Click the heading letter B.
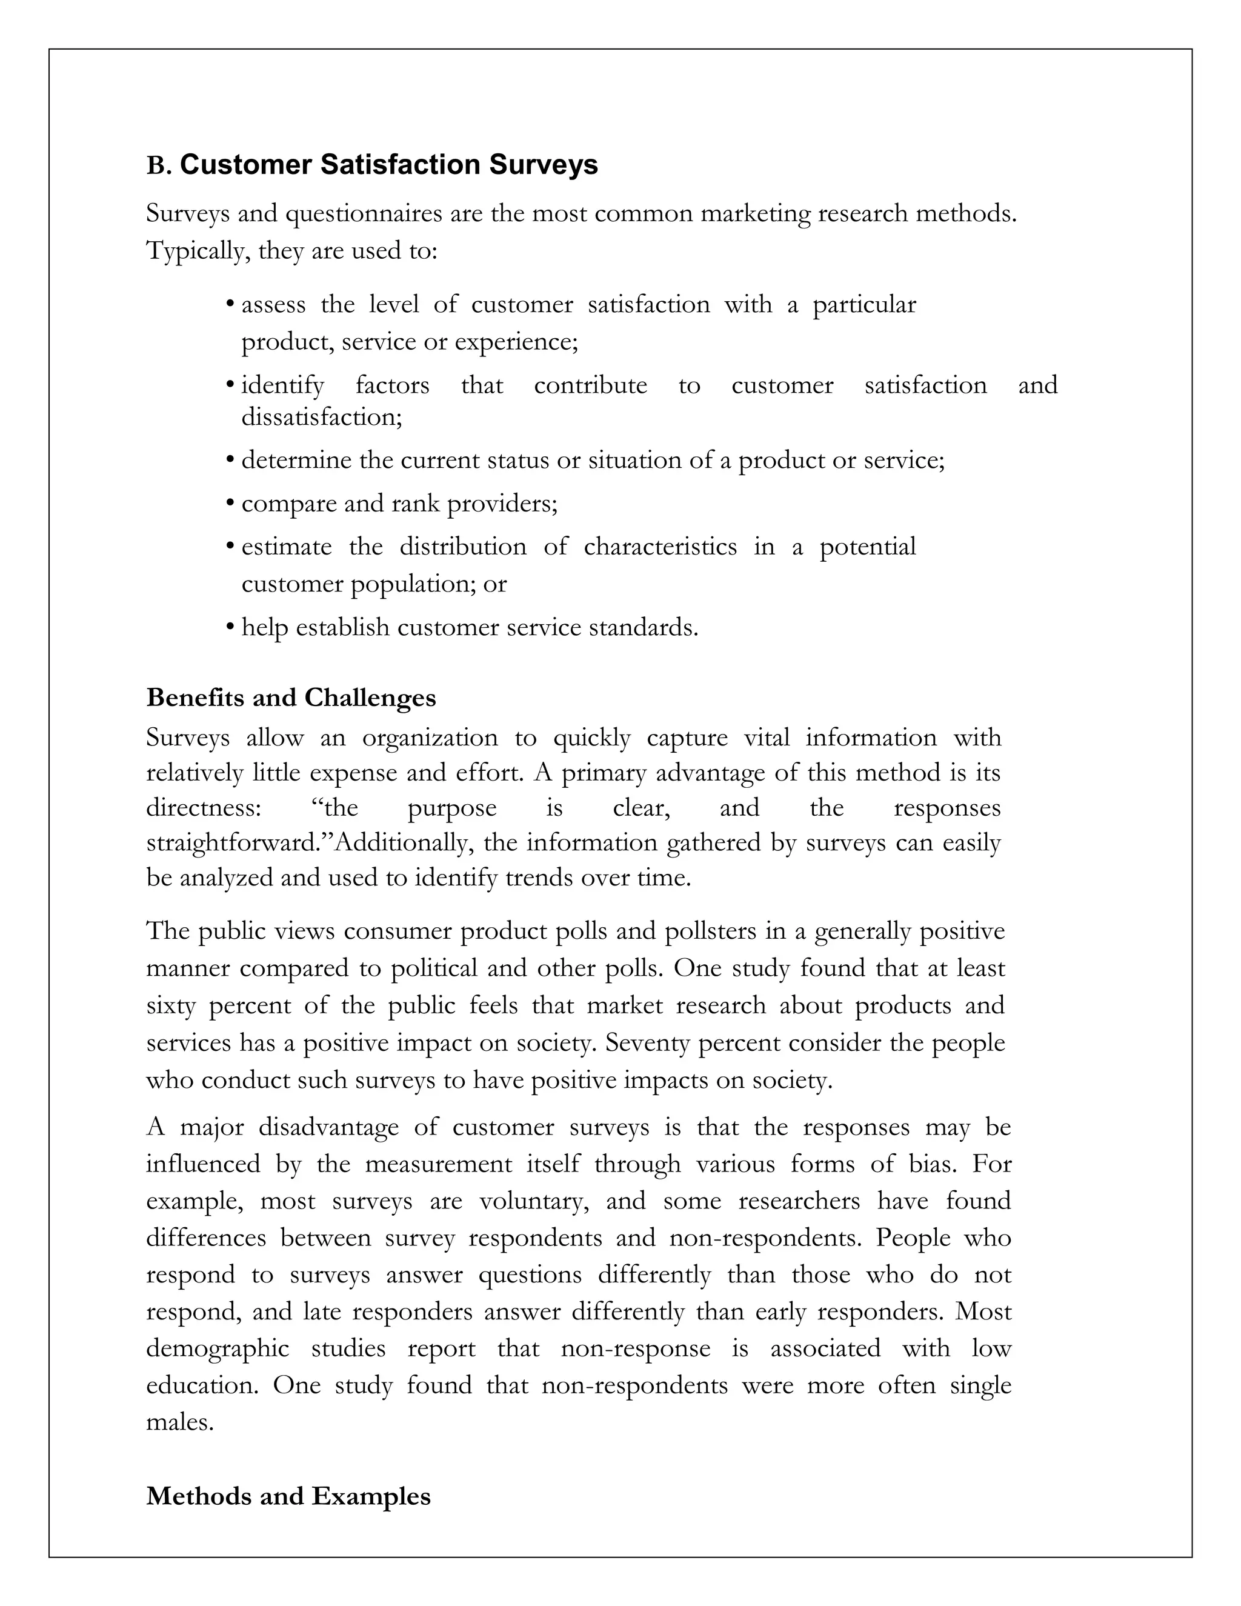pyautogui.click(x=158, y=166)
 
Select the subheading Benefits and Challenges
pyautogui.click(x=291, y=697)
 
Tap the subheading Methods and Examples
pyautogui.click(x=288, y=1496)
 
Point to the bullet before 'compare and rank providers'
pyautogui.click(x=230, y=504)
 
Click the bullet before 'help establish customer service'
pyautogui.click(x=230, y=628)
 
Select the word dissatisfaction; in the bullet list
pyautogui.click(x=322, y=418)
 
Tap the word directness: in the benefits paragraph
pyautogui.click(x=204, y=807)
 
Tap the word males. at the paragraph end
pyautogui.click(x=179, y=1422)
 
